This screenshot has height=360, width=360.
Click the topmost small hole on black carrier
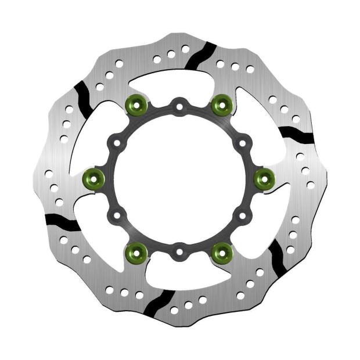[179, 106]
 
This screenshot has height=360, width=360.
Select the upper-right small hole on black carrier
[242, 142]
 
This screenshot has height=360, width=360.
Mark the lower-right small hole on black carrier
[242, 215]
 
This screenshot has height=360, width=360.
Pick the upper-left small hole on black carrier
[117, 142]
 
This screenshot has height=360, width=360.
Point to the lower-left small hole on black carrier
[117, 215]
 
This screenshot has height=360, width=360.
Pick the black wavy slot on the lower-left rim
[62, 221]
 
